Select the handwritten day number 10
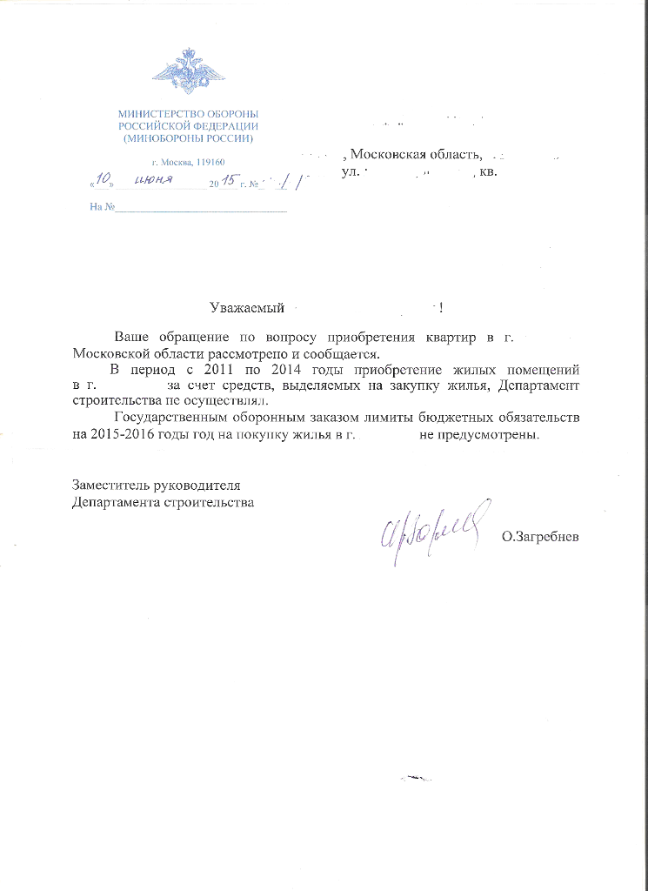coord(104,181)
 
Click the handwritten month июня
coord(153,181)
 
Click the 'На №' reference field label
coord(103,207)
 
